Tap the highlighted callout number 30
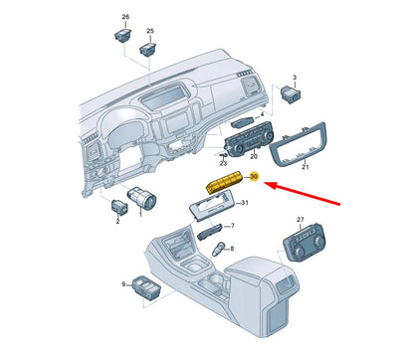coord(254,178)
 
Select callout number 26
coord(125,18)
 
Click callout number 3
coord(295,77)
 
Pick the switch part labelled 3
coord(292,96)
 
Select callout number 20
coord(253,157)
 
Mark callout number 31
coord(246,204)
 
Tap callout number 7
coord(231,227)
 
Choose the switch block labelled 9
coord(150,286)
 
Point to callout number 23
coord(224,163)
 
